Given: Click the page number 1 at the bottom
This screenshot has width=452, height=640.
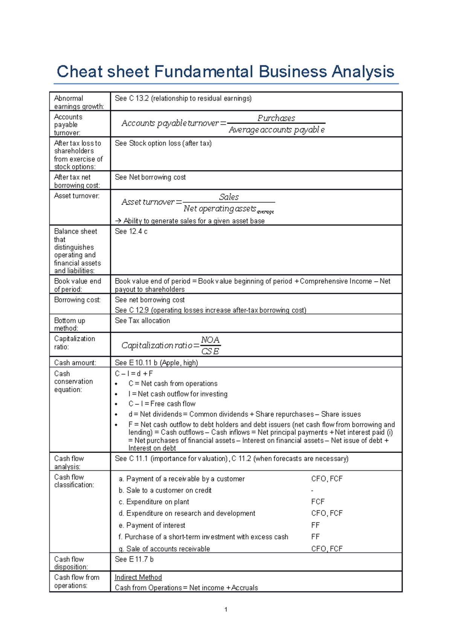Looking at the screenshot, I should click(x=226, y=609).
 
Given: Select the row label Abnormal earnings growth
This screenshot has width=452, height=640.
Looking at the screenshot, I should click(x=79, y=102).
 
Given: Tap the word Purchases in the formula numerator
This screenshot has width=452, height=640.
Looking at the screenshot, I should click(x=276, y=118).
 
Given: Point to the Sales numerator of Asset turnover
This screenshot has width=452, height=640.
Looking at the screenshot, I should click(x=229, y=197).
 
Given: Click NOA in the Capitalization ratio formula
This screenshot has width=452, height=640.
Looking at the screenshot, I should click(x=210, y=340).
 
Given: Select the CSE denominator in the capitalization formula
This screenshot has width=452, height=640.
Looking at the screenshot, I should click(x=210, y=351).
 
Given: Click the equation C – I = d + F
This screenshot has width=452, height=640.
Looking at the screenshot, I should click(x=134, y=374).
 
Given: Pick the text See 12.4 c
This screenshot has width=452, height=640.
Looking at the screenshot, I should click(x=131, y=231).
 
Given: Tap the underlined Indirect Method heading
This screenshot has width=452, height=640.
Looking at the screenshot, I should click(x=138, y=577).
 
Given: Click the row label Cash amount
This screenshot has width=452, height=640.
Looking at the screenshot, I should click(x=75, y=363).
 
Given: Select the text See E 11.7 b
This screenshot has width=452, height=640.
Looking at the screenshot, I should click(x=134, y=559).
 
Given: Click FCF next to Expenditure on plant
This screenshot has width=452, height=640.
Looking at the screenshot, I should click(x=318, y=502).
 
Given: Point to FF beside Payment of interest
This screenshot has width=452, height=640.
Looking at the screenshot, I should click(x=315, y=525).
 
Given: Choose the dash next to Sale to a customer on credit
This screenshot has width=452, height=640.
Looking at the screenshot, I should click(x=312, y=490).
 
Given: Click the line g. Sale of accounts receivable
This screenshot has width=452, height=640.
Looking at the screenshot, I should click(x=164, y=549).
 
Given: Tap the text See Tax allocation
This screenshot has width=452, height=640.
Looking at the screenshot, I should click(x=142, y=320).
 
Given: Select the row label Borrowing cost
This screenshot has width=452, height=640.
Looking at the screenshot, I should click(x=77, y=300).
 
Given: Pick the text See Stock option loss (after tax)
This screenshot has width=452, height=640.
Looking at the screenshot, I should click(x=163, y=143).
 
